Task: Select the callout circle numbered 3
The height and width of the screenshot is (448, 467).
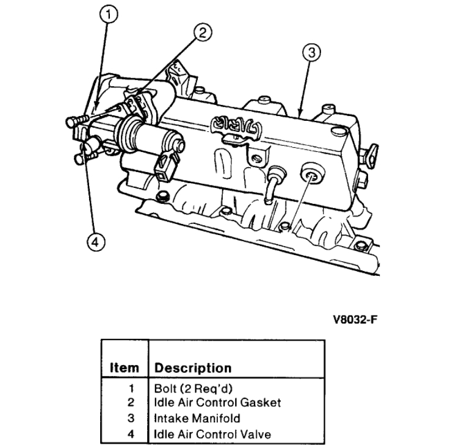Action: point(311,53)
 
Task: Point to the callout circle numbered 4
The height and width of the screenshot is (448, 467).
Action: point(93,242)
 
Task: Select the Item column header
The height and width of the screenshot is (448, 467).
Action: point(125,368)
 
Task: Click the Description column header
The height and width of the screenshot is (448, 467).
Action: point(192,368)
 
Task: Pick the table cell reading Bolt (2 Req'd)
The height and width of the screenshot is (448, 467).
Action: point(187,389)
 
